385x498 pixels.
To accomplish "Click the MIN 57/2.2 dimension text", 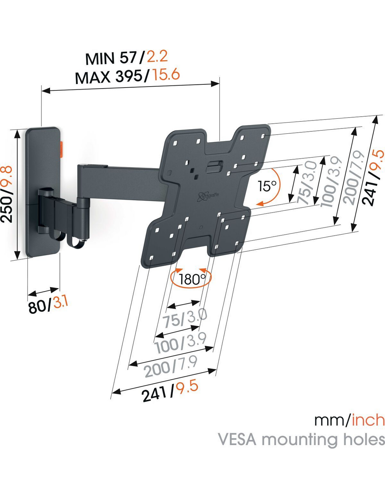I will tap(127, 58).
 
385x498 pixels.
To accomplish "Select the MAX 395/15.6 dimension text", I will tap(127, 76).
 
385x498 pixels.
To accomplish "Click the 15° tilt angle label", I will tap(267, 186).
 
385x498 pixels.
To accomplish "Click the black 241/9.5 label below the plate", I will tap(170, 391).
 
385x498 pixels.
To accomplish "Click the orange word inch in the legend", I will tap(368, 420).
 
